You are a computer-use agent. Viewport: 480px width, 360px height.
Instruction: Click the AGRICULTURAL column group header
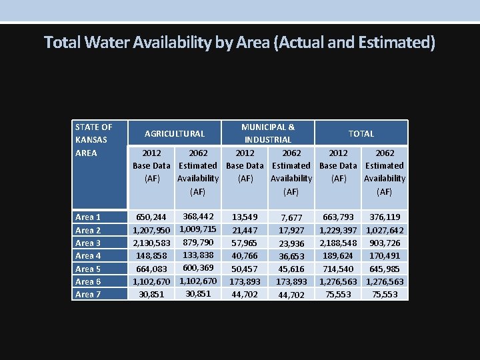click(175, 133)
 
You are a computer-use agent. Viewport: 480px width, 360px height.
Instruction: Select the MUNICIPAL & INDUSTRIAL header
click(267, 133)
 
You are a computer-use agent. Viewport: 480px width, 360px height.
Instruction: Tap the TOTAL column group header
click(361, 133)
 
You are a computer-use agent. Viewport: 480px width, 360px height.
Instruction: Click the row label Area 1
click(88, 217)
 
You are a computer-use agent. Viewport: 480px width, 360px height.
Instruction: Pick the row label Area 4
click(88, 256)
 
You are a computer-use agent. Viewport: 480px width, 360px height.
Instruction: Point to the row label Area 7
click(88, 295)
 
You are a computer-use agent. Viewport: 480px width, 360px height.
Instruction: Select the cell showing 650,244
click(151, 217)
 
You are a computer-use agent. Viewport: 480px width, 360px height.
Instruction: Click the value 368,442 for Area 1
click(198, 217)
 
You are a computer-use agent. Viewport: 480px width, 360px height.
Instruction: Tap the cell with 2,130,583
click(151, 243)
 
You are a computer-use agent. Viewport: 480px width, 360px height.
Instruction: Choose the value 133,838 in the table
click(198, 255)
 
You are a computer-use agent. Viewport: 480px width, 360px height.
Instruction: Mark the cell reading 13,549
click(245, 217)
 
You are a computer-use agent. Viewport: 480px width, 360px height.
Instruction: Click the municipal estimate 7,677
click(291, 218)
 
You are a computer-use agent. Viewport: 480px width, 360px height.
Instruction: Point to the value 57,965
click(245, 243)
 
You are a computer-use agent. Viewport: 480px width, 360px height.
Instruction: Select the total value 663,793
click(338, 217)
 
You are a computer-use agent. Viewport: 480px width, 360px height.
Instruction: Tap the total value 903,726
click(385, 243)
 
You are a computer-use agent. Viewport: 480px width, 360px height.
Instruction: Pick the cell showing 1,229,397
click(338, 231)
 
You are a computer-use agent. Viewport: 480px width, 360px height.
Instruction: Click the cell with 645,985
click(385, 269)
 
